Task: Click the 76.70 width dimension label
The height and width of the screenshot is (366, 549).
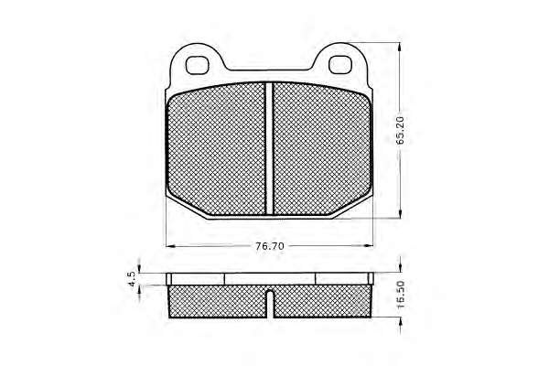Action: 270,246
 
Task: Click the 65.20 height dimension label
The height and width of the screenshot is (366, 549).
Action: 400,130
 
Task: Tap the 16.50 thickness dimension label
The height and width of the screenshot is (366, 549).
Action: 401,295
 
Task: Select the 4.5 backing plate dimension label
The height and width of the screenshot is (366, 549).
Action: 132,279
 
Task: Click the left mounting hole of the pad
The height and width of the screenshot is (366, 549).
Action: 197,65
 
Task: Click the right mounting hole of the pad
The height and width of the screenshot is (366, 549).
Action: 340,65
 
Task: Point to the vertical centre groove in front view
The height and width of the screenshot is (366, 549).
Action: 269,148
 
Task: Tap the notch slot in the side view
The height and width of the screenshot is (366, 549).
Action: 270,304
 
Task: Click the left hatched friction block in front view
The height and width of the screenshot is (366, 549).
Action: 216,150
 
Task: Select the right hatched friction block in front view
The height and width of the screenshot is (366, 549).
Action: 321,150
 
